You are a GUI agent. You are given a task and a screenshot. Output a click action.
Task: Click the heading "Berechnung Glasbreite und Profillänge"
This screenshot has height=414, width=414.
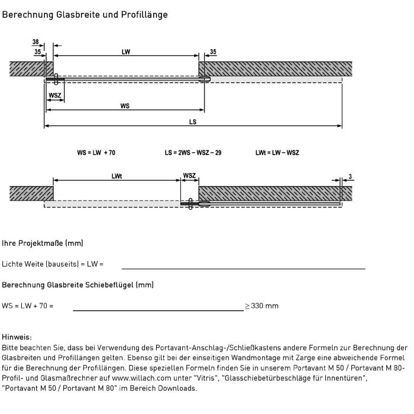point(85,14)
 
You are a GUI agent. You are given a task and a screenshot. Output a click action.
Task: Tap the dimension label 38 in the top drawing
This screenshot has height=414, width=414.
point(36,43)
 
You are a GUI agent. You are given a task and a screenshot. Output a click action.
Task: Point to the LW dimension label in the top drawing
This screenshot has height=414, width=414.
point(126,52)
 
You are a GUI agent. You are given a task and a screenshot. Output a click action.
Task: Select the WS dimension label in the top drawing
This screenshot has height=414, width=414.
point(125,106)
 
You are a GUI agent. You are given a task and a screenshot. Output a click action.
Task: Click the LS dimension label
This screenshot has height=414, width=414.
point(193,122)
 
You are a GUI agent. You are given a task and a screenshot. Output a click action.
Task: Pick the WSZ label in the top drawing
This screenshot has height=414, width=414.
point(55,95)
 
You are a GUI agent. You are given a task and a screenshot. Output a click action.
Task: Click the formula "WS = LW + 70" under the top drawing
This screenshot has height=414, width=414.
point(96,152)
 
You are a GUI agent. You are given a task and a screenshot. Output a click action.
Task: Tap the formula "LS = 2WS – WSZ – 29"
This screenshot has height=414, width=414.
point(193,152)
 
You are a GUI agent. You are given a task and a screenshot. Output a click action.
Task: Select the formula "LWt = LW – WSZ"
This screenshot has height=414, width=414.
point(277,152)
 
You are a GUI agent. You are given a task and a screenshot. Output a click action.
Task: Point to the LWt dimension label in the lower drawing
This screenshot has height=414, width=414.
point(117,176)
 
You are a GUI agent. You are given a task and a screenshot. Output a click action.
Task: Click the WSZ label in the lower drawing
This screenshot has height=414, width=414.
point(189,176)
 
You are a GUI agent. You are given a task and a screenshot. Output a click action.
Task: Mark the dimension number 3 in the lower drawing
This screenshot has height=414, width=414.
point(350,176)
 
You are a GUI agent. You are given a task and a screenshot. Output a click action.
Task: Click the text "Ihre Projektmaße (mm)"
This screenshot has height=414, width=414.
point(43,243)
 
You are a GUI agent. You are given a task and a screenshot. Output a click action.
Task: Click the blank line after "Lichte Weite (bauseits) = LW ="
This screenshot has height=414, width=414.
point(243,268)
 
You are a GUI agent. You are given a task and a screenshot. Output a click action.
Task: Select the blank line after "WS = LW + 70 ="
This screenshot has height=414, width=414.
point(158,310)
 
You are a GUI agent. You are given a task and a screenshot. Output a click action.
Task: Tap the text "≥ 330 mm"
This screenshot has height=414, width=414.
point(262,306)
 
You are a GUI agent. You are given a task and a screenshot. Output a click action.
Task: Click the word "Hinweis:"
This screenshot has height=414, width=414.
point(17,337)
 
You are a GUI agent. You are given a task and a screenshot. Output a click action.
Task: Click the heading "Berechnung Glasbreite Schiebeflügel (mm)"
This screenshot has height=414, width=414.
point(78,285)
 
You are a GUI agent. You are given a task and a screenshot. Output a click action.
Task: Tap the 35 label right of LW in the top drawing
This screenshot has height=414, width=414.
point(213,52)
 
